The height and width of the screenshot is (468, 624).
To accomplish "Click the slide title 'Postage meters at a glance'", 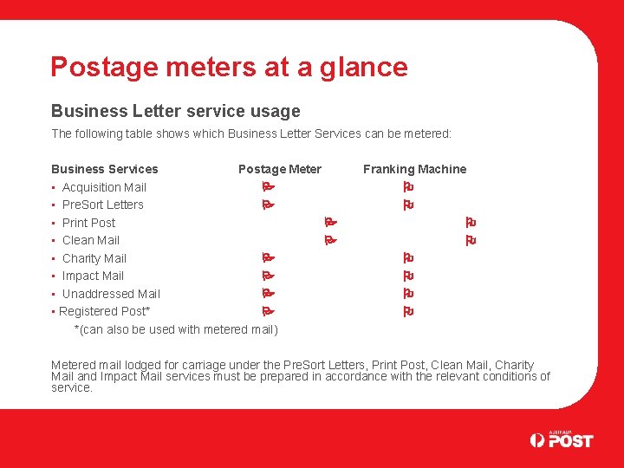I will point(229,67).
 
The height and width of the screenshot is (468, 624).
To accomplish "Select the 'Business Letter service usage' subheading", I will point(175,111).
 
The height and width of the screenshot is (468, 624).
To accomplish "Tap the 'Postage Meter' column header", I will point(279,169).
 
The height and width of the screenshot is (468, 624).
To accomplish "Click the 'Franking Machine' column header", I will point(414,169).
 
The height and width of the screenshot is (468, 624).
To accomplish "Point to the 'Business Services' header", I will point(104,169).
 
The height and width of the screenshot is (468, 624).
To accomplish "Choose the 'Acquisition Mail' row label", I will point(104,187).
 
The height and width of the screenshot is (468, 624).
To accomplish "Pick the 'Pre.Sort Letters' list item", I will point(102,205).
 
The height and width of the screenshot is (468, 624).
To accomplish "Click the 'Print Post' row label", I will point(88,223).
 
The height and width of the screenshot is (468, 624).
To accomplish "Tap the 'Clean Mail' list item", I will point(90,240).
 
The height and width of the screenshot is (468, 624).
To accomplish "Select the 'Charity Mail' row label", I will point(94,258).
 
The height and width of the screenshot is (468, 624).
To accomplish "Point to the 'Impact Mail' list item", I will point(93,276).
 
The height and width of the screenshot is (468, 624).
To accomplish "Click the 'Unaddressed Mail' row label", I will point(111,294).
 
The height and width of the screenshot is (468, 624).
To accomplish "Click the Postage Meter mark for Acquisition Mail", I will point(268,187).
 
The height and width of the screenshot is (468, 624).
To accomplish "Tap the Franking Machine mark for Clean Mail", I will point(471,240).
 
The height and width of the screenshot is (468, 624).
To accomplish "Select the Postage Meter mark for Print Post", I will point(329,223).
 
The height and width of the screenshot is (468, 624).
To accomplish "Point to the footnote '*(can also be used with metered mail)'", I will point(176,329).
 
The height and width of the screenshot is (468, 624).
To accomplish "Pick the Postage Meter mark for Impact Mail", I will point(268,276).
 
